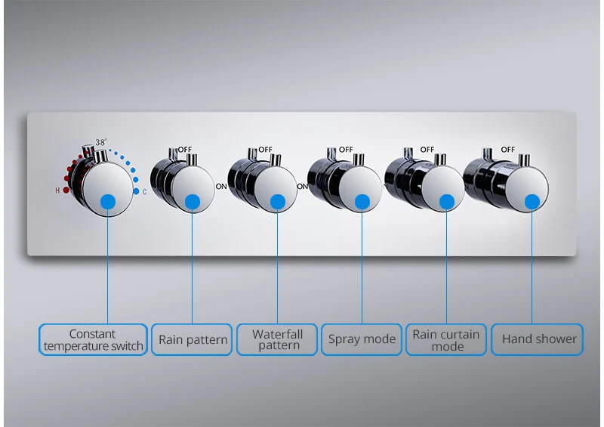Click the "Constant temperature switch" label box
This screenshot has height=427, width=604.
coord(93,340)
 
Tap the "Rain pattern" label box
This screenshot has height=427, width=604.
coord(193,340)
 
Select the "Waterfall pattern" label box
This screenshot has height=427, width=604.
coord(277,340)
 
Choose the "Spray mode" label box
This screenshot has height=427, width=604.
coord(362,340)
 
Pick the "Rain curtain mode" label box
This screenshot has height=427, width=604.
coord(446,340)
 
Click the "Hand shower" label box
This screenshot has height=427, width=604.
coord(538,340)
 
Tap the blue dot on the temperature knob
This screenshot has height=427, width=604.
coord(108,201)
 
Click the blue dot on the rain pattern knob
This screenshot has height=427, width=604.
coord(193,201)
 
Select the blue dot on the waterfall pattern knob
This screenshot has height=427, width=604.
coord(277,201)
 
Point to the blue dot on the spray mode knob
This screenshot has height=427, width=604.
coord(362,201)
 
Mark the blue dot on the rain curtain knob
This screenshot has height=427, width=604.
coord(446,201)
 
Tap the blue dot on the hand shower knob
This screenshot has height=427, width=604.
coord(532,201)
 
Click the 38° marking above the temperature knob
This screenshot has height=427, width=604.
coord(101,142)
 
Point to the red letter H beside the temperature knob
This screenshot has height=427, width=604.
coord(57,190)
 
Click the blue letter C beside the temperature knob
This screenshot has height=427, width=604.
coord(145,192)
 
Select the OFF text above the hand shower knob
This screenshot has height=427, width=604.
coord(507,150)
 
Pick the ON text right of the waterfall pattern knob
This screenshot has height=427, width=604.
coord(302,186)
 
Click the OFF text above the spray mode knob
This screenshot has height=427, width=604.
coord(346,150)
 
